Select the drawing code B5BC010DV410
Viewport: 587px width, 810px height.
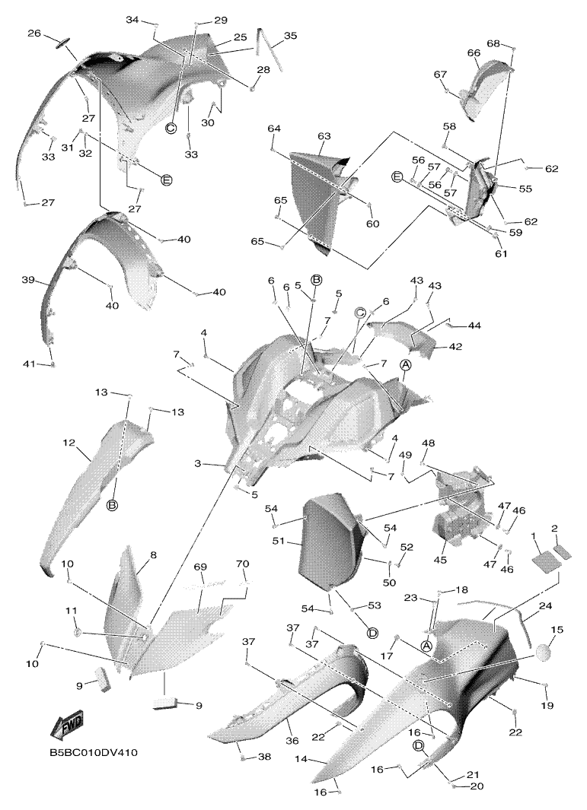tap(94, 753)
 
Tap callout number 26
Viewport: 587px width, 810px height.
tap(35, 33)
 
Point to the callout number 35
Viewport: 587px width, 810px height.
tap(291, 36)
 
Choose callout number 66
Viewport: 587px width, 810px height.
tap(474, 52)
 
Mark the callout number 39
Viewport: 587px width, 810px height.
tap(29, 281)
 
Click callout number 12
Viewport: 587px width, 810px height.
tap(69, 442)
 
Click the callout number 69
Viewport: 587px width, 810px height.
tap(200, 567)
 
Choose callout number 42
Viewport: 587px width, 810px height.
tap(455, 346)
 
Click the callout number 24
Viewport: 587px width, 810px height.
tap(545, 606)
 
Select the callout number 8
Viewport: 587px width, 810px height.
tap(153, 556)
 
